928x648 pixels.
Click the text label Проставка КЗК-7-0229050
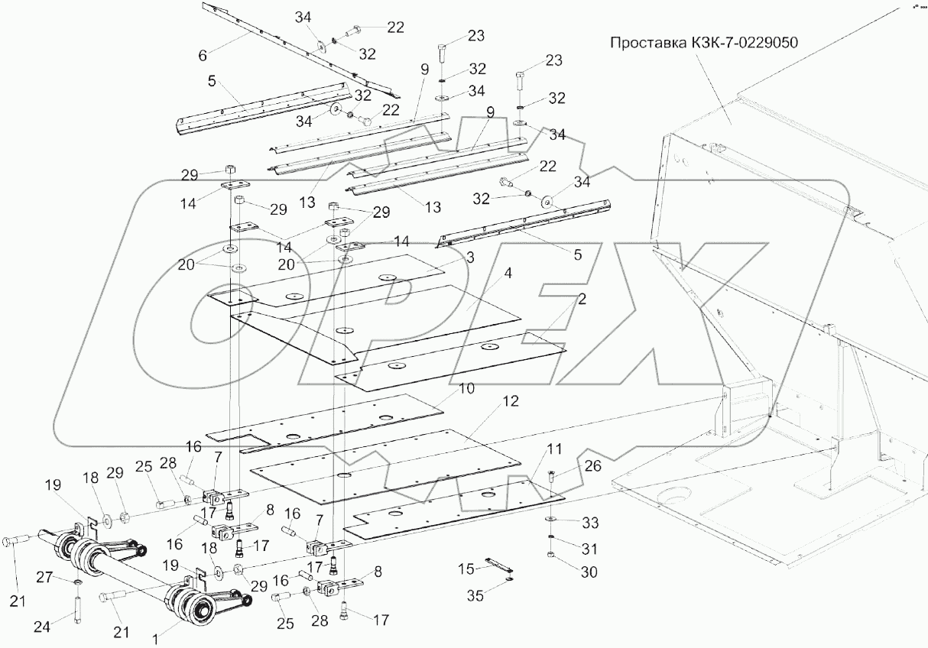[x=703, y=42]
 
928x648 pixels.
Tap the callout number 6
[x=203, y=55]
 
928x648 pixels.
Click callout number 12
[x=511, y=400]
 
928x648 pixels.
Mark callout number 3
[x=470, y=258]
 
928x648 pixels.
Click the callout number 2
[x=582, y=300]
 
